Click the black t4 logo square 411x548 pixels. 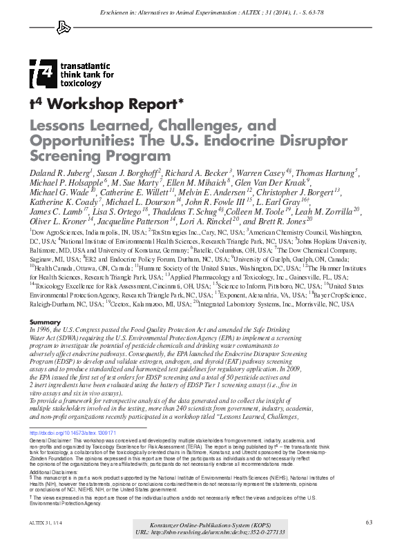pos(41,72)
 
